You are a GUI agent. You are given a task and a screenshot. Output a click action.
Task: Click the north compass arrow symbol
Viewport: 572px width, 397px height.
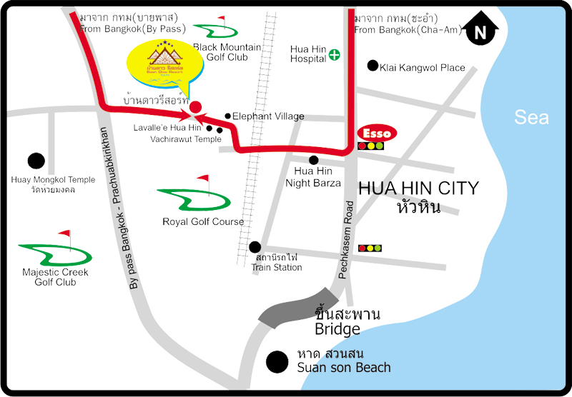(480, 31)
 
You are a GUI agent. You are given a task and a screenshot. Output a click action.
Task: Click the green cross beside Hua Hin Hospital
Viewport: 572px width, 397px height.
(335, 54)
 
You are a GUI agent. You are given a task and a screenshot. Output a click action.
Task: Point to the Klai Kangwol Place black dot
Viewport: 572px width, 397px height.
(373, 66)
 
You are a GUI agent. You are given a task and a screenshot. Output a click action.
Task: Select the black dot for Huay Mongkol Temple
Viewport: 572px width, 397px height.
(35, 161)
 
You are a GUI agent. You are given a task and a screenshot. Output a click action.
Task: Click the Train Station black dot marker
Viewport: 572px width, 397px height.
(255, 247)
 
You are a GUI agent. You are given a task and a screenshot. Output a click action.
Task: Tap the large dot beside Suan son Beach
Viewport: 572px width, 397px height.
(276, 361)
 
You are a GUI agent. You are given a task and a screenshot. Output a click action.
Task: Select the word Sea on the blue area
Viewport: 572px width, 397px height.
(532, 117)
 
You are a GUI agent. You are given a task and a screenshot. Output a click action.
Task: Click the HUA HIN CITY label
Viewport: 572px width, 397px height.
(418, 189)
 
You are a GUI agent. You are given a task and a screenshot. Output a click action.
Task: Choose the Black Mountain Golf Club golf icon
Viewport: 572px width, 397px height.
(215, 28)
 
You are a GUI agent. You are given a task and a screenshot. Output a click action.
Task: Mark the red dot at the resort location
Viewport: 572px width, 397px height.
(194, 106)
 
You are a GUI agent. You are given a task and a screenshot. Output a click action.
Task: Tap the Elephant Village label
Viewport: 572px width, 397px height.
(269, 116)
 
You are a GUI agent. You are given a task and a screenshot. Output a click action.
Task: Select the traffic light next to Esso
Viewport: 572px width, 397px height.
(371, 146)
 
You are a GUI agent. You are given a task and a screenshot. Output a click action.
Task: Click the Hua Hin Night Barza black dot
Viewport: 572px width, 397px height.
(313, 160)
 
